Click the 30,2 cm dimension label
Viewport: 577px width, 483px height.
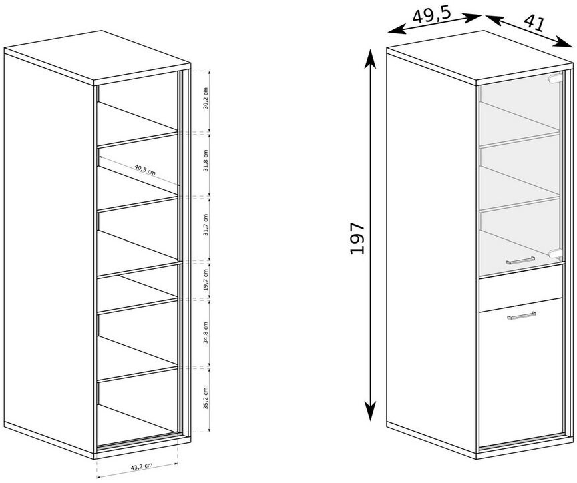coord(206,99)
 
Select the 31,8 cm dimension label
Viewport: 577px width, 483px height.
coord(206,161)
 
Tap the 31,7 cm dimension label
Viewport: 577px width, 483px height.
coord(206,225)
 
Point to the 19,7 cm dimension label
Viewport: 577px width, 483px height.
coord(206,280)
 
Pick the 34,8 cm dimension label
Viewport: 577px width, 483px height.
coord(206,332)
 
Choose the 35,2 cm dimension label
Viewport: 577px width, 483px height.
coord(206,398)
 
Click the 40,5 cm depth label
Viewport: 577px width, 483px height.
coord(145,169)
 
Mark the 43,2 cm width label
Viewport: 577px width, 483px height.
coord(142,467)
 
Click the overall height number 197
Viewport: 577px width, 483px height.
coord(357,238)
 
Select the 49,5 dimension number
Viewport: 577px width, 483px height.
coord(431,15)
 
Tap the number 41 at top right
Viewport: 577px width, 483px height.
coord(534,23)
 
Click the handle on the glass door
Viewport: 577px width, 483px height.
coord(520,260)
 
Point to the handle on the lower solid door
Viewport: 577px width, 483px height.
coord(521,316)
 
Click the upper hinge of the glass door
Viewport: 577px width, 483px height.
coord(555,78)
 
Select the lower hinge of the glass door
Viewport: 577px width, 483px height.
coord(555,253)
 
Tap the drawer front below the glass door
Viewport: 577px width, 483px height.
coord(521,288)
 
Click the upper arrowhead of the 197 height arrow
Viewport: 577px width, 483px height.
coord(370,59)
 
